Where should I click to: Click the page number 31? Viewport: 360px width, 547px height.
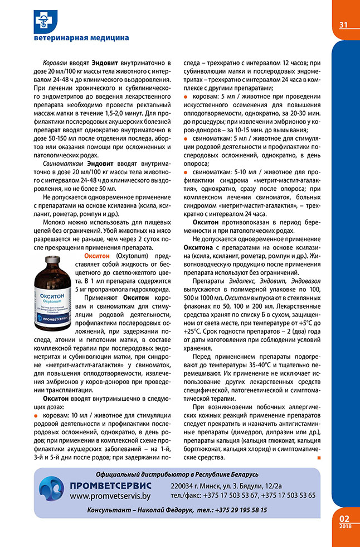coord(343,25)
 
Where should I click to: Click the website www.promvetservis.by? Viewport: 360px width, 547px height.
coord(110,496)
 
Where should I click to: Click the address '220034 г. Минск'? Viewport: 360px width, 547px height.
coord(195,486)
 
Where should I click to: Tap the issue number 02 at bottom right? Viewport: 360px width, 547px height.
coord(344,517)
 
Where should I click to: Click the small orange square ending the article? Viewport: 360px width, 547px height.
coord(319,458)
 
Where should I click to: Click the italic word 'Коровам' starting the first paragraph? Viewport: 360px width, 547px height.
coord(55,64)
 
